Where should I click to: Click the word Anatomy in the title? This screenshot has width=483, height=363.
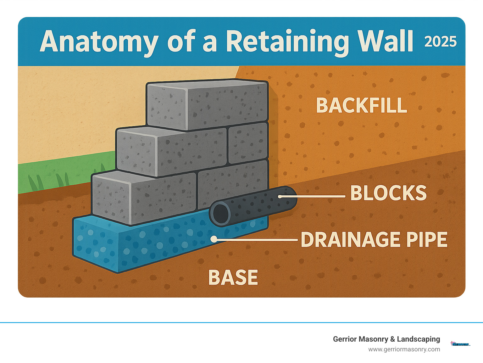click(x=99, y=42)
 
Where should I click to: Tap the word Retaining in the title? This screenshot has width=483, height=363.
click(x=287, y=42)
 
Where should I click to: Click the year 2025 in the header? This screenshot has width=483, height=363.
click(x=440, y=42)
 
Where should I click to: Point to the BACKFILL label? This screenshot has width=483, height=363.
click(x=362, y=105)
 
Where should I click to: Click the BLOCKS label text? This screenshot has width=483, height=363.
click(x=388, y=193)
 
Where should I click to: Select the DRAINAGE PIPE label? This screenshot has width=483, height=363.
click(x=374, y=240)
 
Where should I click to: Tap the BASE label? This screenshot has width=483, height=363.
click(x=233, y=277)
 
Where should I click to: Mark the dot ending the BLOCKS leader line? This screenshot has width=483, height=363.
click(x=280, y=197)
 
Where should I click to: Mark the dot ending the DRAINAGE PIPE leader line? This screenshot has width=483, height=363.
click(x=214, y=239)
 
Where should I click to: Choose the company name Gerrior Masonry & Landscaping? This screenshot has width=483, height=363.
click(x=386, y=339)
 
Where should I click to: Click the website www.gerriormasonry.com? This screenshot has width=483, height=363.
click(x=404, y=349)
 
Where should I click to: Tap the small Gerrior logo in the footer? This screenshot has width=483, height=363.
click(x=460, y=344)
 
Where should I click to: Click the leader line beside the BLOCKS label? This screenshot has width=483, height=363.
click(x=314, y=196)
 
